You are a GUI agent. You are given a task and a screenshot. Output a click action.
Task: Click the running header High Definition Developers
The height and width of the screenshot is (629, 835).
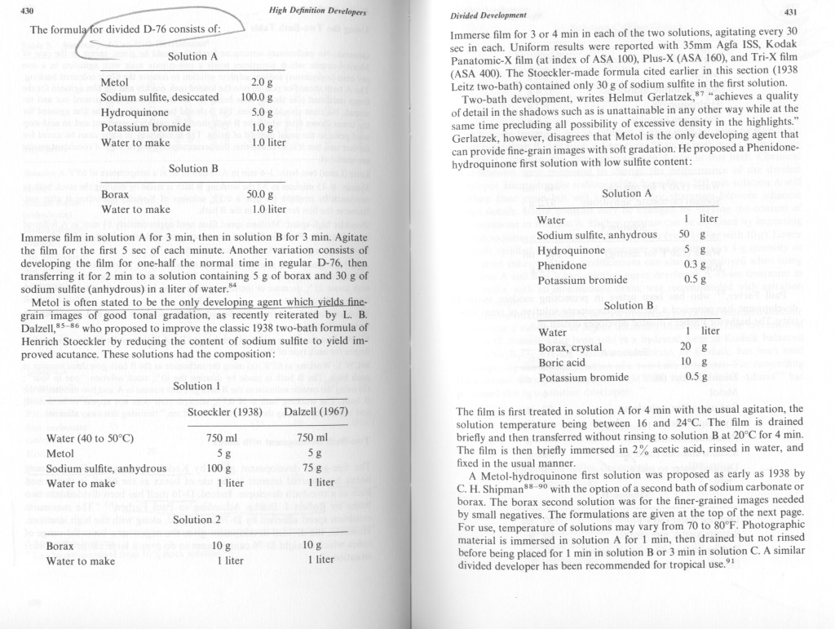coord(317,11)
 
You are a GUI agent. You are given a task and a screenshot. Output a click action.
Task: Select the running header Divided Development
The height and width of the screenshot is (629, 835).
coord(488,15)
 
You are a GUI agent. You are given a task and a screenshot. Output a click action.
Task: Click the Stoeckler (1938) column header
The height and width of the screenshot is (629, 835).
coord(225,411)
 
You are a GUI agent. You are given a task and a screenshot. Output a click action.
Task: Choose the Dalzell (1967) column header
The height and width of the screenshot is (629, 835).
coord(311,411)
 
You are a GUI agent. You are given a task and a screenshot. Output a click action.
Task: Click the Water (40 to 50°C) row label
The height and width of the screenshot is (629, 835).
coord(90,438)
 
